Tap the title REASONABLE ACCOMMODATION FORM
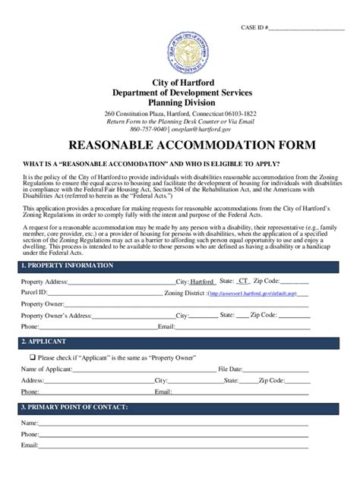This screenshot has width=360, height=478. click(x=179, y=144)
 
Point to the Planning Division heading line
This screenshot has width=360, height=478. click(x=179, y=102)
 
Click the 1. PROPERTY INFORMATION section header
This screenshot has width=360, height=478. click(x=68, y=266)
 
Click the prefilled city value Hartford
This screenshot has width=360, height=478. click(x=201, y=281)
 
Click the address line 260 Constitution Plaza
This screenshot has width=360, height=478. click(x=179, y=113)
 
